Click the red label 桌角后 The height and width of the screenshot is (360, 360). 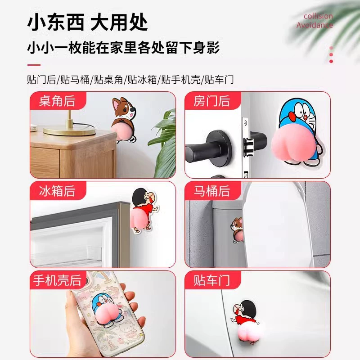point(58,101)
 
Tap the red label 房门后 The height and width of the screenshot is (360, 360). point(212,101)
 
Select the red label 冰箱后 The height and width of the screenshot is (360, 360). point(58,190)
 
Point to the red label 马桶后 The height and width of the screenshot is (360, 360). point(212,190)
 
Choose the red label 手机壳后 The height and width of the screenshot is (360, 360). point(58,280)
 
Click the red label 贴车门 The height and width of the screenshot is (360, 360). point(212,280)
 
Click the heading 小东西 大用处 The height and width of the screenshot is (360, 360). point(87,23)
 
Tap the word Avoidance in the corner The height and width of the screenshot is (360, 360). point(315,25)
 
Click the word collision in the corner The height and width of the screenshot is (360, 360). point(318,16)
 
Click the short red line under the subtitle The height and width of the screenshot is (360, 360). point(34,65)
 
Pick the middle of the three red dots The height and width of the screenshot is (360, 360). point(331,54)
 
